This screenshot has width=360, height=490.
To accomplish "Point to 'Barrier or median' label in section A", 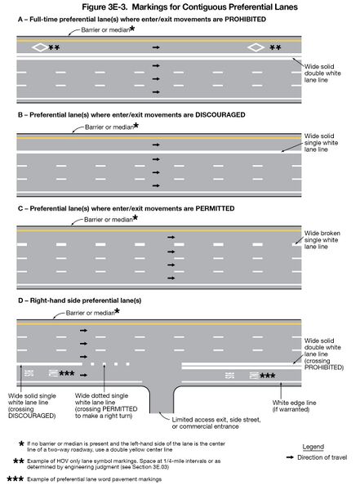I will click(104, 29).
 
